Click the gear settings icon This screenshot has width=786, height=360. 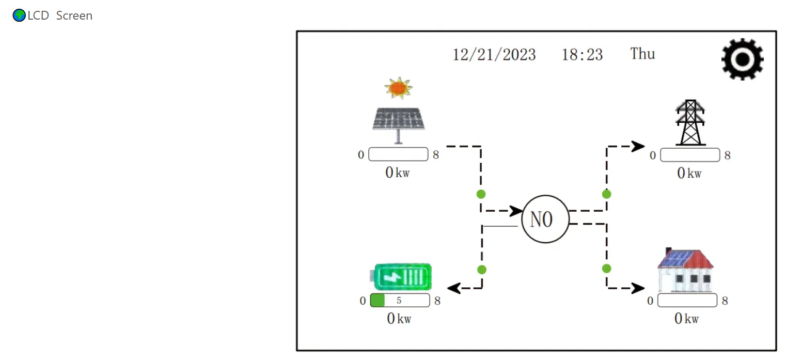click(742, 59)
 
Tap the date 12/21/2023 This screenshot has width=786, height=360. click(494, 55)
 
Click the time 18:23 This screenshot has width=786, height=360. click(582, 55)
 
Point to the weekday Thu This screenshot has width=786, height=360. click(642, 54)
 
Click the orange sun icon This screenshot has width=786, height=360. click(398, 88)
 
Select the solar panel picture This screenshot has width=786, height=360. click(399, 122)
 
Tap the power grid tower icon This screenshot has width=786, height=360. click(690, 123)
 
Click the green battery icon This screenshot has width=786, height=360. click(402, 277)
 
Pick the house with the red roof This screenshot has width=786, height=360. click(685, 270)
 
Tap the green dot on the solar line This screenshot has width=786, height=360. click(481, 194)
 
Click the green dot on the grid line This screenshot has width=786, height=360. click(606, 194)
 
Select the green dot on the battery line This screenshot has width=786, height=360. click(481, 270)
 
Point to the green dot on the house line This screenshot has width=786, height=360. click(606, 269)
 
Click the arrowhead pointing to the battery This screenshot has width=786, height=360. click(453, 288)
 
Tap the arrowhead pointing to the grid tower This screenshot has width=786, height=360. click(638, 146)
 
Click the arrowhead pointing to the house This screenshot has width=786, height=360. click(638, 288)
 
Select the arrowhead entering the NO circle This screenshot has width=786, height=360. click(516, 211)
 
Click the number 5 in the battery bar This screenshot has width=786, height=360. click(399, 301)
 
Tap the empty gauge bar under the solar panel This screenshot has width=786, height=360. click(399, 154)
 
